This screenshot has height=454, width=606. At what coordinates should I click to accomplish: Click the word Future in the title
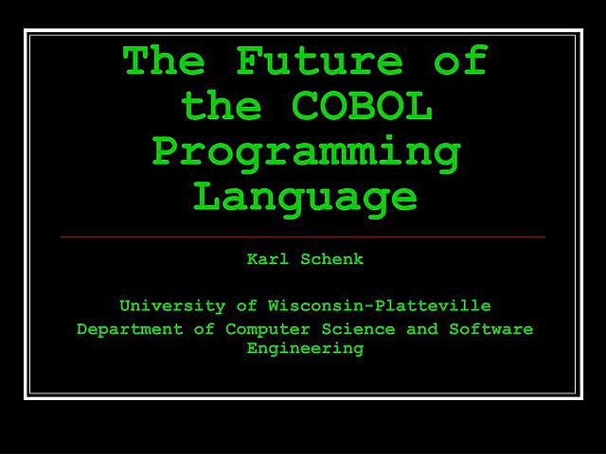tap(320, 61)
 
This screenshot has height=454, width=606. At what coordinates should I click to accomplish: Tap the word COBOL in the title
tap(363, 107)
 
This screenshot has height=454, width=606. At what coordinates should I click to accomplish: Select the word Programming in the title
tap(307, 152)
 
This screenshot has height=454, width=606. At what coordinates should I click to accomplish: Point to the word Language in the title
tap(305, 197)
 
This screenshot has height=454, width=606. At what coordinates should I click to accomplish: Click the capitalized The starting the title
tap(164, 61)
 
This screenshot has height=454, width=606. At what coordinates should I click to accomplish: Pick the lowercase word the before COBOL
tap(221, 107)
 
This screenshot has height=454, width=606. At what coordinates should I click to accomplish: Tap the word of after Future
tap(460, 61)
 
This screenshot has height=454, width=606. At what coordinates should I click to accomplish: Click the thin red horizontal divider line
tap(303, 236)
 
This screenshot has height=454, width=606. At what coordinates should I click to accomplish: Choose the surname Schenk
tap(331, 258)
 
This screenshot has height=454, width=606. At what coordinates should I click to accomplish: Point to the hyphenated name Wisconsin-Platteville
tap(379, 306)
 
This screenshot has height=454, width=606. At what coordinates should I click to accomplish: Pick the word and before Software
tap(422, 329)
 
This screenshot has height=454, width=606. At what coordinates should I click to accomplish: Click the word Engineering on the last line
tap(305, 348)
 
